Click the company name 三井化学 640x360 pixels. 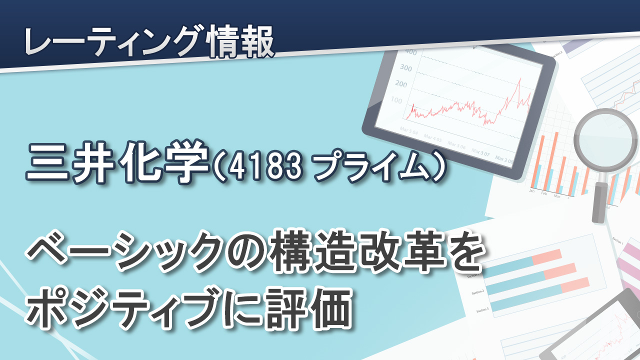[x=117, y=162]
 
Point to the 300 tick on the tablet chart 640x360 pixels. [x=405, y=68]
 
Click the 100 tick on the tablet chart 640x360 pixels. [x=396, y=100]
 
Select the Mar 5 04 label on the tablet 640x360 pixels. [x=408, y=131]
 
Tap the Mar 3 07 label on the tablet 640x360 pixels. [x=480, y=152]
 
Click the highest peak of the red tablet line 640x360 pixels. [x=519, y=78]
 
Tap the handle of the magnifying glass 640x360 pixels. [x=600, y=201]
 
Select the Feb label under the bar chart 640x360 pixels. [x=544, y=193]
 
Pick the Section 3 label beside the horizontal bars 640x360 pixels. [x=482, y=310]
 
